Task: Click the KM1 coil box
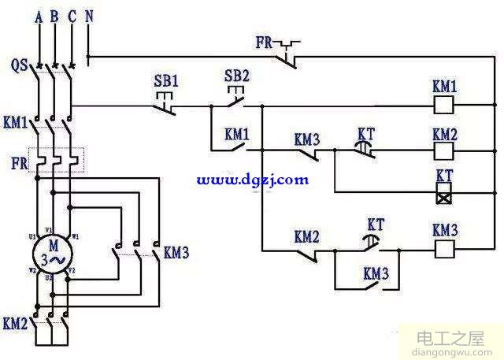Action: click(444, 103)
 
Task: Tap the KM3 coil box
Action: click(444, 247)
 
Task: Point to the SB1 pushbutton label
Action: click(167, 80)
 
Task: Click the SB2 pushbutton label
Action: click(236, 76)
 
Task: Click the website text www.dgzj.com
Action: click(252, 180)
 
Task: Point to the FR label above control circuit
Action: click(266, 40)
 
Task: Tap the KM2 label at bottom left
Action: click(16, 323)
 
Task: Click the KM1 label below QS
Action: click(16, 123)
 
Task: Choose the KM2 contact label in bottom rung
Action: click(307, 236)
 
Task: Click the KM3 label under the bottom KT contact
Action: click(376, 274)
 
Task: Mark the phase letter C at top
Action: click(72, 15)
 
